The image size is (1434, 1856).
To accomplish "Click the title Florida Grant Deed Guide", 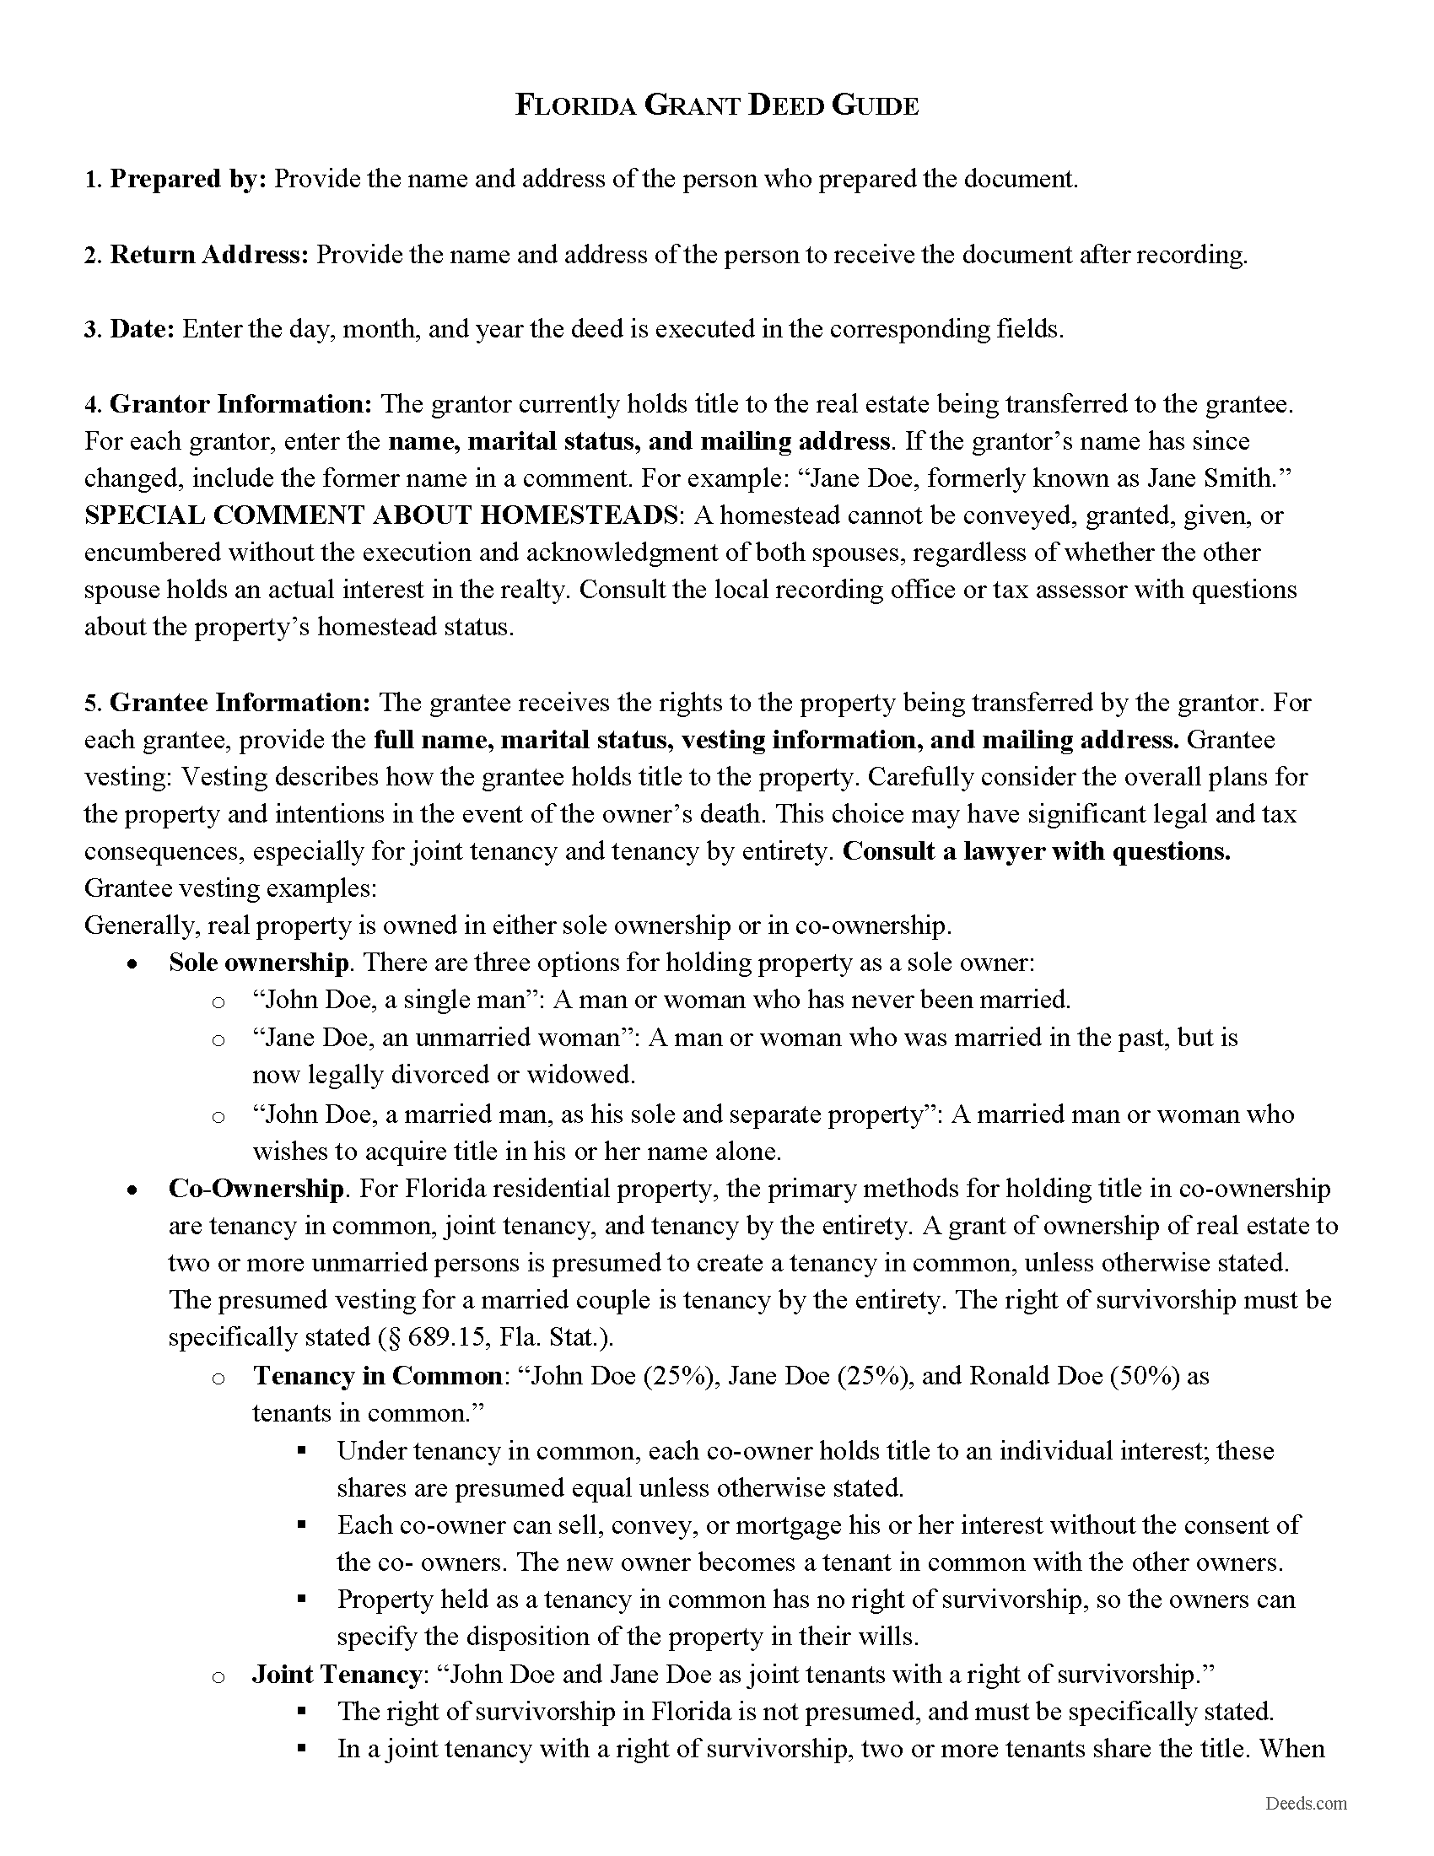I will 716,105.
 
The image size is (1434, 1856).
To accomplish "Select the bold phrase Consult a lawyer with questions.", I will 1036,851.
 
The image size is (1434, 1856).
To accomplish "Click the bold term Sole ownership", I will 258,963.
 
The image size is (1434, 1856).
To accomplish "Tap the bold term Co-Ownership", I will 256,1188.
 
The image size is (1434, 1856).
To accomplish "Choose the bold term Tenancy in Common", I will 378,1376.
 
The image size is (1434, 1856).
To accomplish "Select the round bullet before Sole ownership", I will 132,964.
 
